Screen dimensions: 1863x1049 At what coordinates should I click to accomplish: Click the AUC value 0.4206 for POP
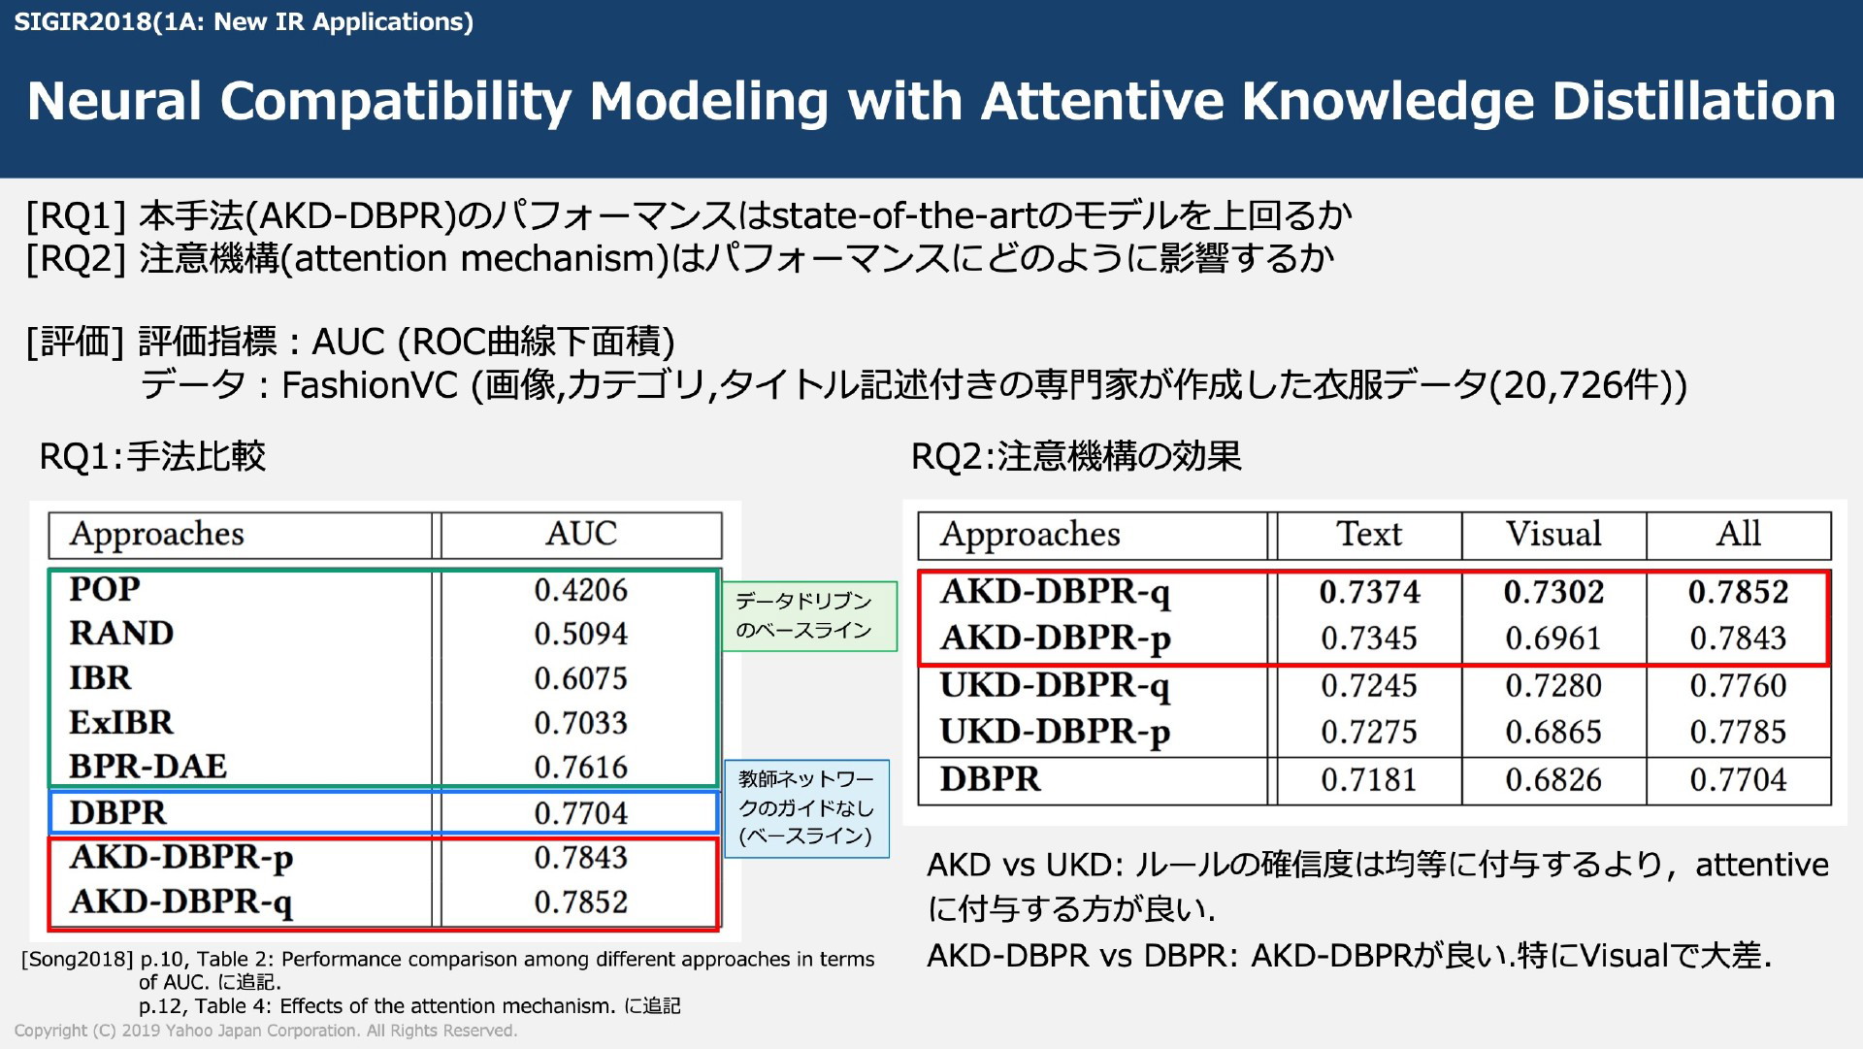point(580,590)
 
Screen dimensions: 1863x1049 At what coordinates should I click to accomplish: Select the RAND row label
point(121,634)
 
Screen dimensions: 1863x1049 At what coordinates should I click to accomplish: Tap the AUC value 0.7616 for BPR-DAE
point(580,768)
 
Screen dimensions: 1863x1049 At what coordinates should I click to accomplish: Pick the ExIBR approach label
point(121,723)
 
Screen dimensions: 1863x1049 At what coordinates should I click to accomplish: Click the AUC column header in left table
point(581,534)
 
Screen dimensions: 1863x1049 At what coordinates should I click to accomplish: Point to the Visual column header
point(1553,534)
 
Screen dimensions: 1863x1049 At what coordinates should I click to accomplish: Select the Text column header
point(1369,534)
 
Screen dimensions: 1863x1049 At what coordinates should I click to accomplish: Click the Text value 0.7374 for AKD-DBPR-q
point(1369,592)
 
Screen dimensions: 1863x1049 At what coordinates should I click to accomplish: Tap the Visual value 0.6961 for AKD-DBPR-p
point(1553,639)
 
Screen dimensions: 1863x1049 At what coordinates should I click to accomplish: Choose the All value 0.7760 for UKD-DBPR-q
point(1738,686)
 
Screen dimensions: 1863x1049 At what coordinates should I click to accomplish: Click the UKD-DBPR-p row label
point(1055,733)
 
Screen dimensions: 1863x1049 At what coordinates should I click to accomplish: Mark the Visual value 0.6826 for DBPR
point(1553,780)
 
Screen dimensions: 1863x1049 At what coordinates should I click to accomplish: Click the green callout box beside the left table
point(809,616)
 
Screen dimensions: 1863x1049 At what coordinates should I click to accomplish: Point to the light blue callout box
point(806,808)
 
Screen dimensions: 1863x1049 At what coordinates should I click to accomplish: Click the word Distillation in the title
point(1693,101)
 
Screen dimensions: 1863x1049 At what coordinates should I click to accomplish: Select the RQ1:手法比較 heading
point(152,456)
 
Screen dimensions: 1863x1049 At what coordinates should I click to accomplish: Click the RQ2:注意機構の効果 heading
point(1076,456)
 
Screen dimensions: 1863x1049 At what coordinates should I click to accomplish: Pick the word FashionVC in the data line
point(370,386)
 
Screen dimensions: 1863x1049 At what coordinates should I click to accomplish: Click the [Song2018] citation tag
point(78,960)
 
